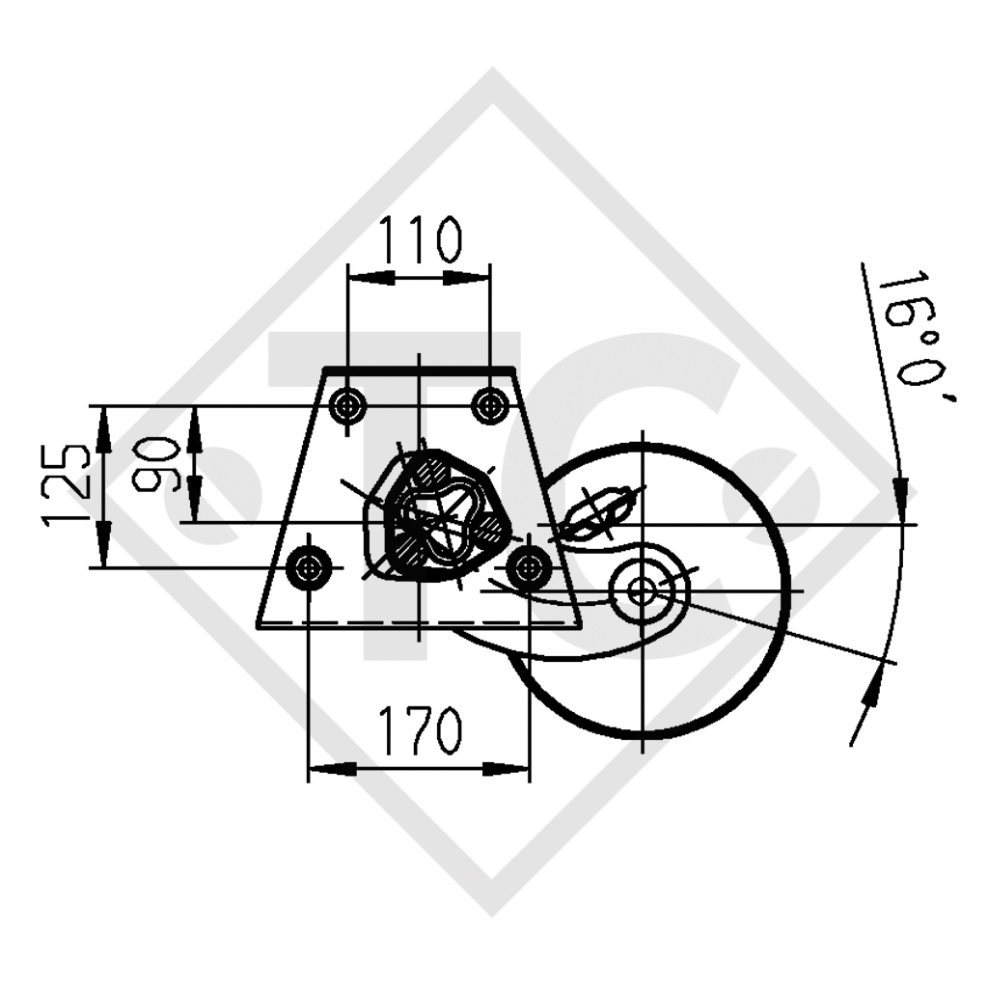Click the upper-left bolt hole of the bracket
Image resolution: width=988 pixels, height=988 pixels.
point(346,406)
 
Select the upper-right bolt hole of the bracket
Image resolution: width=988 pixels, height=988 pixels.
point(490,406)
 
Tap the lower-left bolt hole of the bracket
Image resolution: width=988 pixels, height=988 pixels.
point(309,567)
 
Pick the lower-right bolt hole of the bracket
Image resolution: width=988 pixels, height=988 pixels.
point(529,567)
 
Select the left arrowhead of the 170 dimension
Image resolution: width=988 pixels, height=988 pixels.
point(332,769)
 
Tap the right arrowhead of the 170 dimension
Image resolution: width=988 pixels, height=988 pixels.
point(506,769)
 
